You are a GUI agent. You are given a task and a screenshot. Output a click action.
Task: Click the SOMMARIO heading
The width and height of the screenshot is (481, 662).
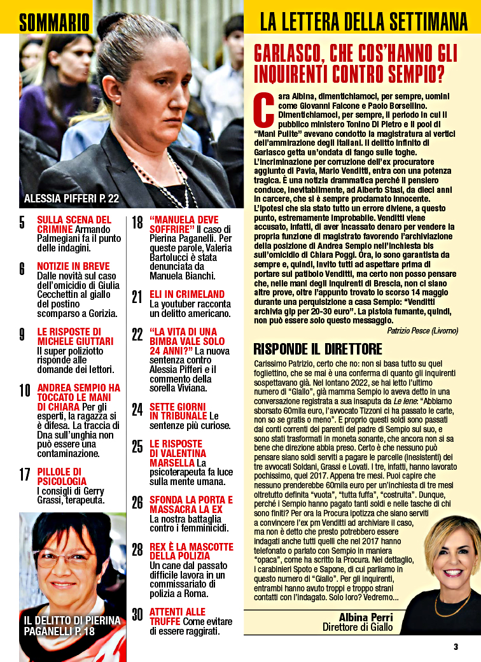pyautogui.click(x=54, y=23)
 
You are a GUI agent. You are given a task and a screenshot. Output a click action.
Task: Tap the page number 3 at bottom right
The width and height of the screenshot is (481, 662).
pyautogui.click(x=456, y=647)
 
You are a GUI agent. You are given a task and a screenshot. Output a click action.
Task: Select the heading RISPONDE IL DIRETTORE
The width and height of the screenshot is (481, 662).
pyautogui.click(x=317, y=349)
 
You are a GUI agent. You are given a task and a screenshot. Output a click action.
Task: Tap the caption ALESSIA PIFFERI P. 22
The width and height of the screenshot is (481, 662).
pyautogui.click(x=71, y=199)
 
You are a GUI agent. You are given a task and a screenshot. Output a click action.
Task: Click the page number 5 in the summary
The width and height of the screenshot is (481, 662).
pyautogui.click(x=22, y=223)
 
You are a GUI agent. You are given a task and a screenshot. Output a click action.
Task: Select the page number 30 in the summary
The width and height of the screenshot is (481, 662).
pyautogui.click(x=137, y=615)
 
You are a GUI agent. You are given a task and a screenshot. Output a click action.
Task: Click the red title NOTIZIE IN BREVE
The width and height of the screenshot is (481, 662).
pyautogui.click(x=73, y=266)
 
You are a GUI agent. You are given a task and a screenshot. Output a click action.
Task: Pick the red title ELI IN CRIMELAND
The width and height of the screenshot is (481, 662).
pyautogui.click(x=187, y=294)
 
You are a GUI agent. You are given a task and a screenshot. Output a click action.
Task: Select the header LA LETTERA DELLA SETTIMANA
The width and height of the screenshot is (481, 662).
pyautogui.click(x=363, y=23)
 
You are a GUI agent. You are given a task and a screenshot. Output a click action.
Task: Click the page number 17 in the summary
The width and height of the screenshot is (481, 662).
pyautogui.click(x=24, y=474)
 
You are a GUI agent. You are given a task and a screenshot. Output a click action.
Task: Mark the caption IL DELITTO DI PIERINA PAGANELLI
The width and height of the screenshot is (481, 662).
pyautogui.click(x=72, y=626)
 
